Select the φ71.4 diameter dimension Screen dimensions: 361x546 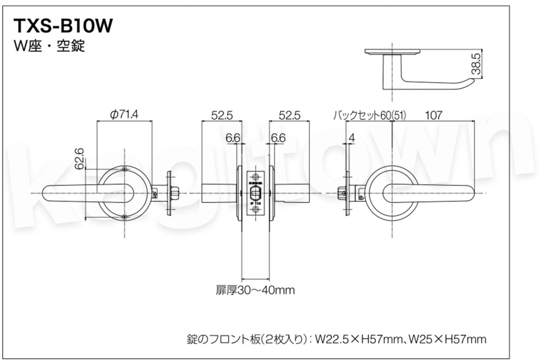coord(124,115)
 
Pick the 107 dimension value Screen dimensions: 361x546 coord(434,115)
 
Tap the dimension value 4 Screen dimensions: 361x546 coord(352,137)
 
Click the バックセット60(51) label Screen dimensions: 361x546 coord(369,115)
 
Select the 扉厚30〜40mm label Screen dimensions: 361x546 coord(255,290)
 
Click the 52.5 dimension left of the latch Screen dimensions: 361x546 coord(222,115)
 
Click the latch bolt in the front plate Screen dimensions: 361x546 coord(256,192)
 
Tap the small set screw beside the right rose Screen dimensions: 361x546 coord(361,198)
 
